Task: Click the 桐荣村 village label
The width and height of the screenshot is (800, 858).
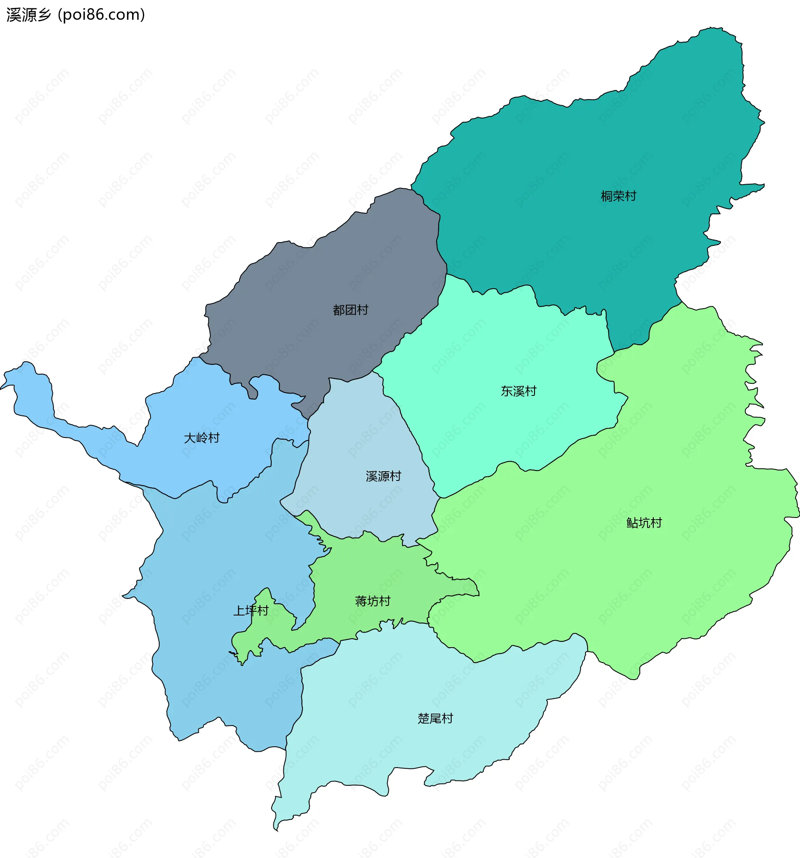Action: pyautogui.click(x=618, y=196)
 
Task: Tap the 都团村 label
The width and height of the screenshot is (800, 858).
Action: pyautogui.click(x=350, y=310)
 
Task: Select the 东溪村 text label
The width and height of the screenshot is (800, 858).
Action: pyautogui.click(x=518, y=391)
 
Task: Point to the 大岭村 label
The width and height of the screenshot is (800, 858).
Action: pyautogui.click(x=202, y=438)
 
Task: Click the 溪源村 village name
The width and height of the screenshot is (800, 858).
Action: pyautogui.click(x=383, y=476)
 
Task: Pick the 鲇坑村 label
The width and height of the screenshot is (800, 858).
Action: pyautogui.click(x=644, y=523)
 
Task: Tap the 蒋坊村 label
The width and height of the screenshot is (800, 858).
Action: pyautogui.click(x=372, y=601)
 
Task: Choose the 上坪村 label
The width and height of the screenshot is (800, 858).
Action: pyautogui.click(x=251, y=610)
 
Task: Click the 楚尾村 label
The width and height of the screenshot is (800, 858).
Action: pyautogui.click(x=435, y=718)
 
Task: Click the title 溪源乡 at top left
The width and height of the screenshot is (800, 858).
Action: pyautogui.click(x=28, y=15)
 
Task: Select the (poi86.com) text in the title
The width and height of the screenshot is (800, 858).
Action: pyautogui.click(x=102, y=15)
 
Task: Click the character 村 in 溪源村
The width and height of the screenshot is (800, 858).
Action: pyautogui.click(x=395, y=476)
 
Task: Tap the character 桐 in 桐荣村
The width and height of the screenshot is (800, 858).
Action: pyautogui.click(x=607, y=196)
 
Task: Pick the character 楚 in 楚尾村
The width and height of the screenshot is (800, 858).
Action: pyautogui.click(x=423, y=718)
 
